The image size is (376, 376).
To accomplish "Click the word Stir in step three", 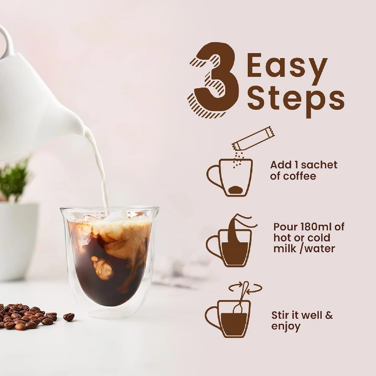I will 282,315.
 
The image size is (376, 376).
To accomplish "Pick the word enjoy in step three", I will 286,326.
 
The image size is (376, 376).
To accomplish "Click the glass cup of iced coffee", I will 109,259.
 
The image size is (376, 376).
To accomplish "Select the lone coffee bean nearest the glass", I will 69,317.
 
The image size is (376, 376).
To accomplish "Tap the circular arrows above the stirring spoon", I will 246,287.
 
